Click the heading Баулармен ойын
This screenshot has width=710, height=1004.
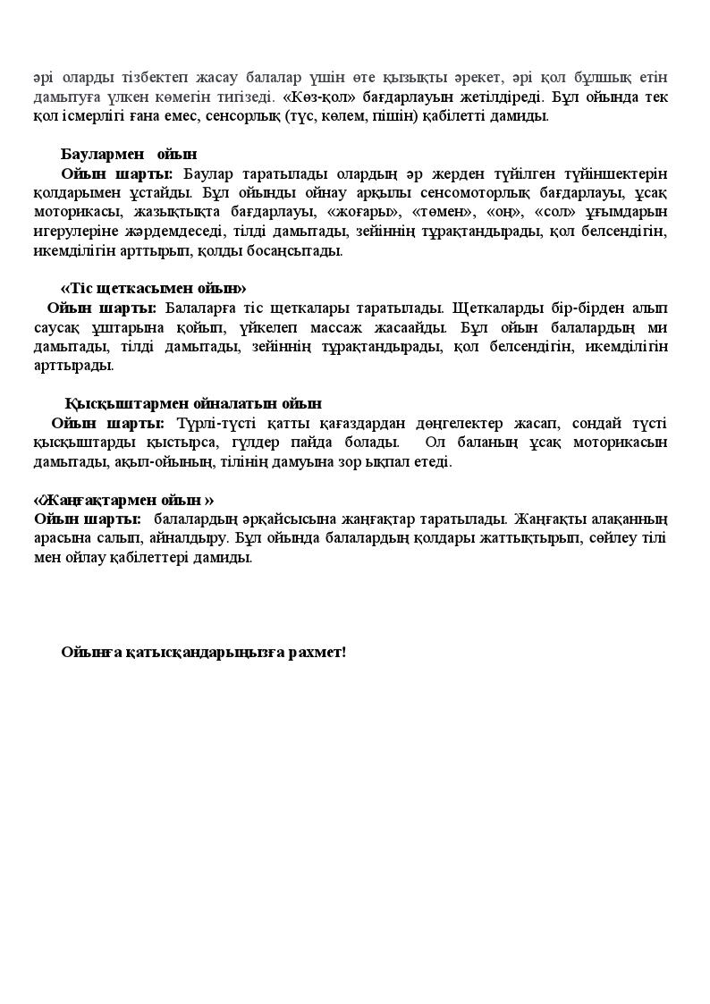click(129, 155)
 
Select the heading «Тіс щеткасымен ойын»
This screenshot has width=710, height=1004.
click(153, 288)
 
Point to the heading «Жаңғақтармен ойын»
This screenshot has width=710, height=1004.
click(123, 500)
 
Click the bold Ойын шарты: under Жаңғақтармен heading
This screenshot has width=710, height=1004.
click(88, 519)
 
